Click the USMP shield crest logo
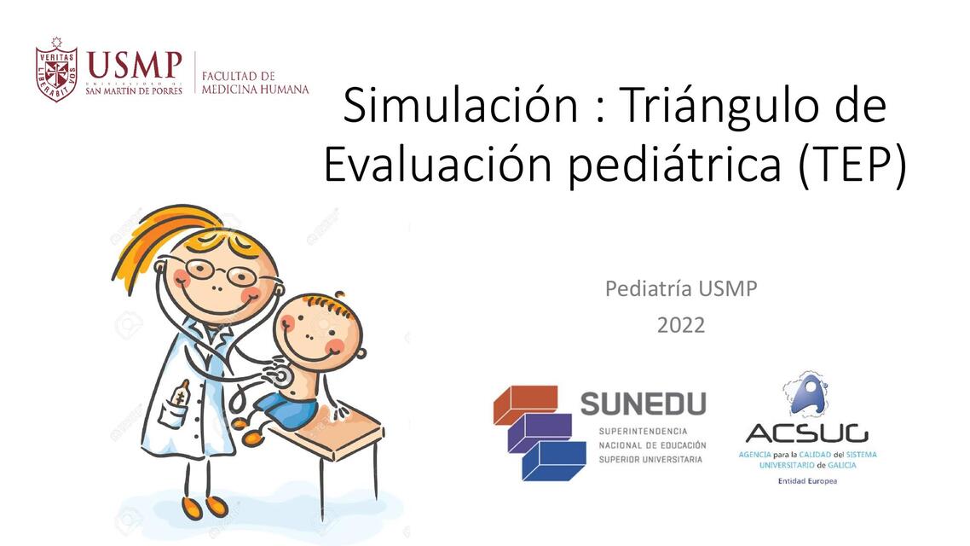57,70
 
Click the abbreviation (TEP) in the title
852,166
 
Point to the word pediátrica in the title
673,166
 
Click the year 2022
680,325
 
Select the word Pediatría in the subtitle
648,289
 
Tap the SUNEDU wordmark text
644,403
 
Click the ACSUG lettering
806,433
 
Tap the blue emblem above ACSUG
805,393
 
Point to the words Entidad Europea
807,481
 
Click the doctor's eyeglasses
217,272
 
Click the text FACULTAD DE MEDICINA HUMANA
255,82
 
